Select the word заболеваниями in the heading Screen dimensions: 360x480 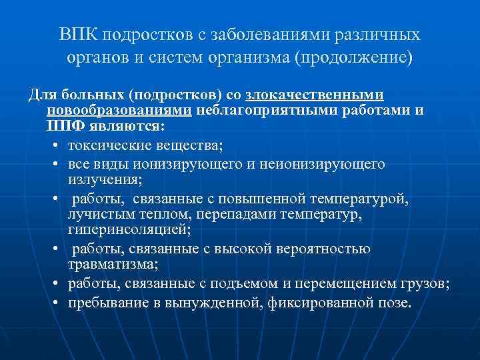tap(253, 35)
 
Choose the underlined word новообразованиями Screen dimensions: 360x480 tap(119, 109)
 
